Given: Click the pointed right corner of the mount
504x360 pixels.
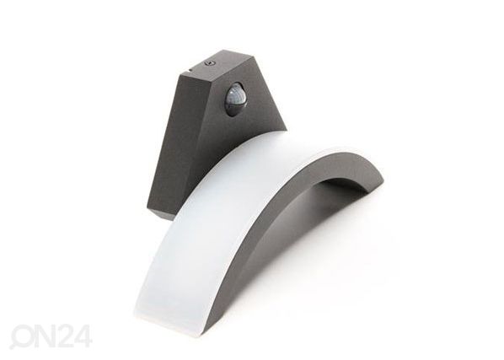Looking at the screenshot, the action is [286, 130].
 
